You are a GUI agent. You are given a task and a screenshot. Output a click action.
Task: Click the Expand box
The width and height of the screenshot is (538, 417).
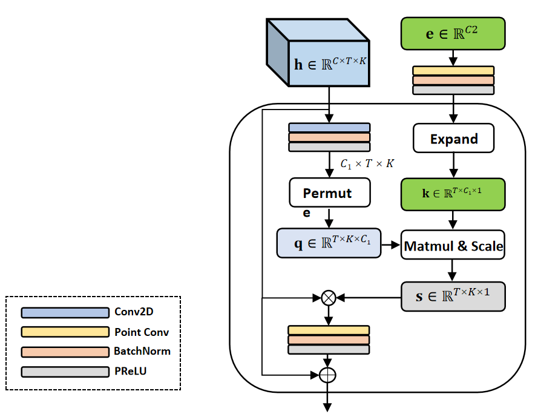[454, 139]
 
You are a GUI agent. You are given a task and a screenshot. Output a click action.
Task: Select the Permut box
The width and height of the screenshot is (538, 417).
[329, 192]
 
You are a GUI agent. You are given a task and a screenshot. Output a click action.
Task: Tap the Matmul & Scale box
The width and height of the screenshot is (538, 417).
[453, 246]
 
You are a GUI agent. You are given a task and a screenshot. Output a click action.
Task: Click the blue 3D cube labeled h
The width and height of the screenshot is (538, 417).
[318, 53]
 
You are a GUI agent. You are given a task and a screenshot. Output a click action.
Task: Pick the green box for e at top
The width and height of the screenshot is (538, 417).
[453, 33]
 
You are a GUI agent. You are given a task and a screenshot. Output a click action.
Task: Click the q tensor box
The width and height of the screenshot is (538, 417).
[329, 243]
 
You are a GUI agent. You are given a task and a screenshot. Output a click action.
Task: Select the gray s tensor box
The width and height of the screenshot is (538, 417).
[453, 297]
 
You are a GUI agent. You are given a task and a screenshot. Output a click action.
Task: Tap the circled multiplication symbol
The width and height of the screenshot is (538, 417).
[328, 297]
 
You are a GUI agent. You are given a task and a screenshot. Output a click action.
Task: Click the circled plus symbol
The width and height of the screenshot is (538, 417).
[327, 375]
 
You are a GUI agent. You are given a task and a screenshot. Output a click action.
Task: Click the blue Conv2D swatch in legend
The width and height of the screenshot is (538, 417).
[65, 313]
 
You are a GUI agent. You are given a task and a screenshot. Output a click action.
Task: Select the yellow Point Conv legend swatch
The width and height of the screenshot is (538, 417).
[65, 332]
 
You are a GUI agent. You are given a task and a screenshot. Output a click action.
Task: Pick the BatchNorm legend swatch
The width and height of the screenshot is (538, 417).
[65, 352]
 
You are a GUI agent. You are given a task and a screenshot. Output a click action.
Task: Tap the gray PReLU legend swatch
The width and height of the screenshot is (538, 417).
[65, 371]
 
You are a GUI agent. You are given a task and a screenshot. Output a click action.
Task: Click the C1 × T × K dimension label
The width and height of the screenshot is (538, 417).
[366, 164]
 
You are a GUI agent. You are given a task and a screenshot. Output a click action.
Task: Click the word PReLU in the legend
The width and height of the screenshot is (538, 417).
[130, 371]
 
